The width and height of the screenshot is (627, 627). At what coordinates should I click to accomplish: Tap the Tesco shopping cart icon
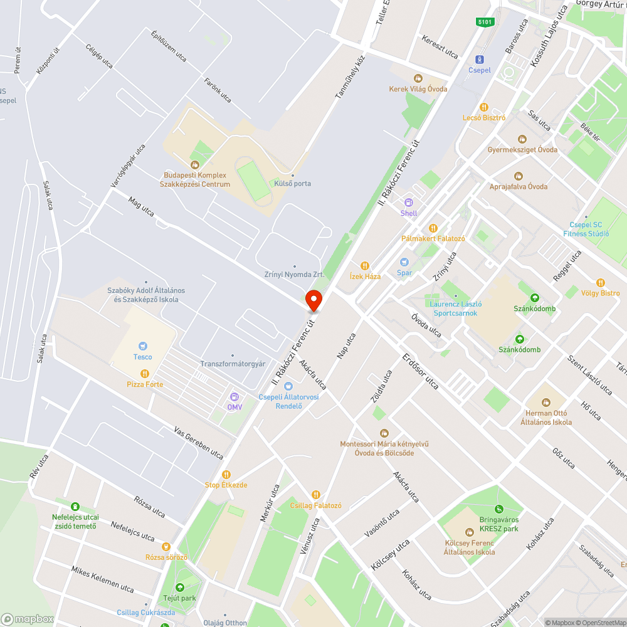pos(143,345)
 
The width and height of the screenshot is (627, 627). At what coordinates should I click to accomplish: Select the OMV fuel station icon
pos(234,396)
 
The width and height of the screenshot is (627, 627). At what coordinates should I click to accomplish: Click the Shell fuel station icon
pos(409,203)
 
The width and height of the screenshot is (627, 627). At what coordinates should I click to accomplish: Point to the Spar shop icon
pos(404,262)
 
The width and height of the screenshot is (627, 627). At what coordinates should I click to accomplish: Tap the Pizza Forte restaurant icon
pos(145,373)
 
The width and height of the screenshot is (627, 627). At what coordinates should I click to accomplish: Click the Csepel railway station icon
pos(480,60)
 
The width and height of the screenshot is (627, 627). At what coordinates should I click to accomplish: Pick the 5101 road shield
pos(485,22)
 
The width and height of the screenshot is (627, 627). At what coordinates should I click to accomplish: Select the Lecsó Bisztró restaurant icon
pos(483,107)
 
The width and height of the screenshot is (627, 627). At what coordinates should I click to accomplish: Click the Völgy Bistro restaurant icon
pos(601,283)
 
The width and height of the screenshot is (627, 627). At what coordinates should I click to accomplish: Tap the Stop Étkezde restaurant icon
pos(226,475)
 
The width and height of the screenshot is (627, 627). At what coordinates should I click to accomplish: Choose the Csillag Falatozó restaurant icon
pos(315,495)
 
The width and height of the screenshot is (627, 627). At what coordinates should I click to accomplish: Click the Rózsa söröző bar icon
pos(166,547)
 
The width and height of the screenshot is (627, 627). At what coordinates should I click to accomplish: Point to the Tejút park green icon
pos(180,587)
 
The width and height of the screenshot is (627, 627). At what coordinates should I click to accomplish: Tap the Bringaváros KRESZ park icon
pos(499,509)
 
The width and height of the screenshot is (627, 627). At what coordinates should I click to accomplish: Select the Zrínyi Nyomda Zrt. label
pos(295,274)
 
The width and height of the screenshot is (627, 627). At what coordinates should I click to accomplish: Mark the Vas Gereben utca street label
pos(199,443)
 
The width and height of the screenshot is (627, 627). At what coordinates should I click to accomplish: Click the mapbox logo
pos(28,619)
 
